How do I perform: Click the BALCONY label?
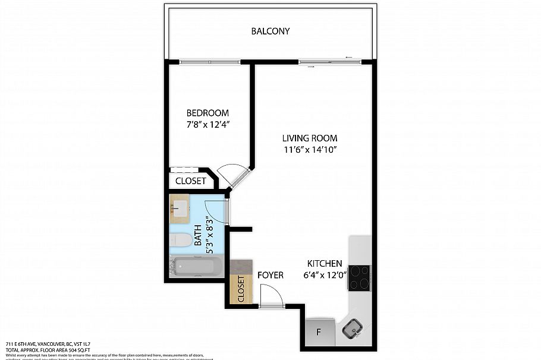point(270,31)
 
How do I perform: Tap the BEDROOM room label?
point(207,113)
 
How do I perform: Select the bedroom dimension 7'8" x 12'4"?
point(207,125)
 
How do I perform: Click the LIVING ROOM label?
point(310,138)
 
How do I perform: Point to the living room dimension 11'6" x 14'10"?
point(310,150)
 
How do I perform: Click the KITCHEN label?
point(324,263)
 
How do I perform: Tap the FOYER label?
point(270,275)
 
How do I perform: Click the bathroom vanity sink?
point(179,208)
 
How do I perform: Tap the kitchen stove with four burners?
point(360,277)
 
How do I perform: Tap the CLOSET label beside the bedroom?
point(191,181)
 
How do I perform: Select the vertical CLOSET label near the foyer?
point(241,289)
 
